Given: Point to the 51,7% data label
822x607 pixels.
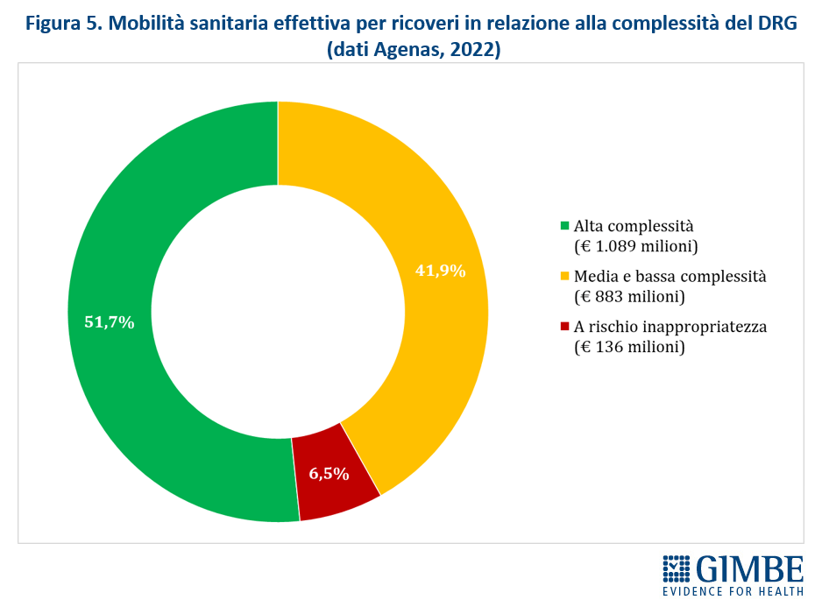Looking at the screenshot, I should pos(109,322).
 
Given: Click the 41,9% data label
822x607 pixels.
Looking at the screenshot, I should pos(440,271).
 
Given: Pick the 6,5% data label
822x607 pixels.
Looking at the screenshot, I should pos(329,474).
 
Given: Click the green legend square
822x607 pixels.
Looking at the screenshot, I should pos(565,227).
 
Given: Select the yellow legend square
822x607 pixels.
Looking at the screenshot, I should pos(565,278).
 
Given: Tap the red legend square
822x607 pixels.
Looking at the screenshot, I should pos(565,328).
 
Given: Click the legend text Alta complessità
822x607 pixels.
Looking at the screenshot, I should pos(632,226).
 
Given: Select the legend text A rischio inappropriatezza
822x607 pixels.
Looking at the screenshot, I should pos(670,328).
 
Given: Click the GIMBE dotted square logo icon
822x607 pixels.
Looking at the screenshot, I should pos(677,568).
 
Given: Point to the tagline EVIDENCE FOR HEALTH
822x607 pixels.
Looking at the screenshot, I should pos(733,593).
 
